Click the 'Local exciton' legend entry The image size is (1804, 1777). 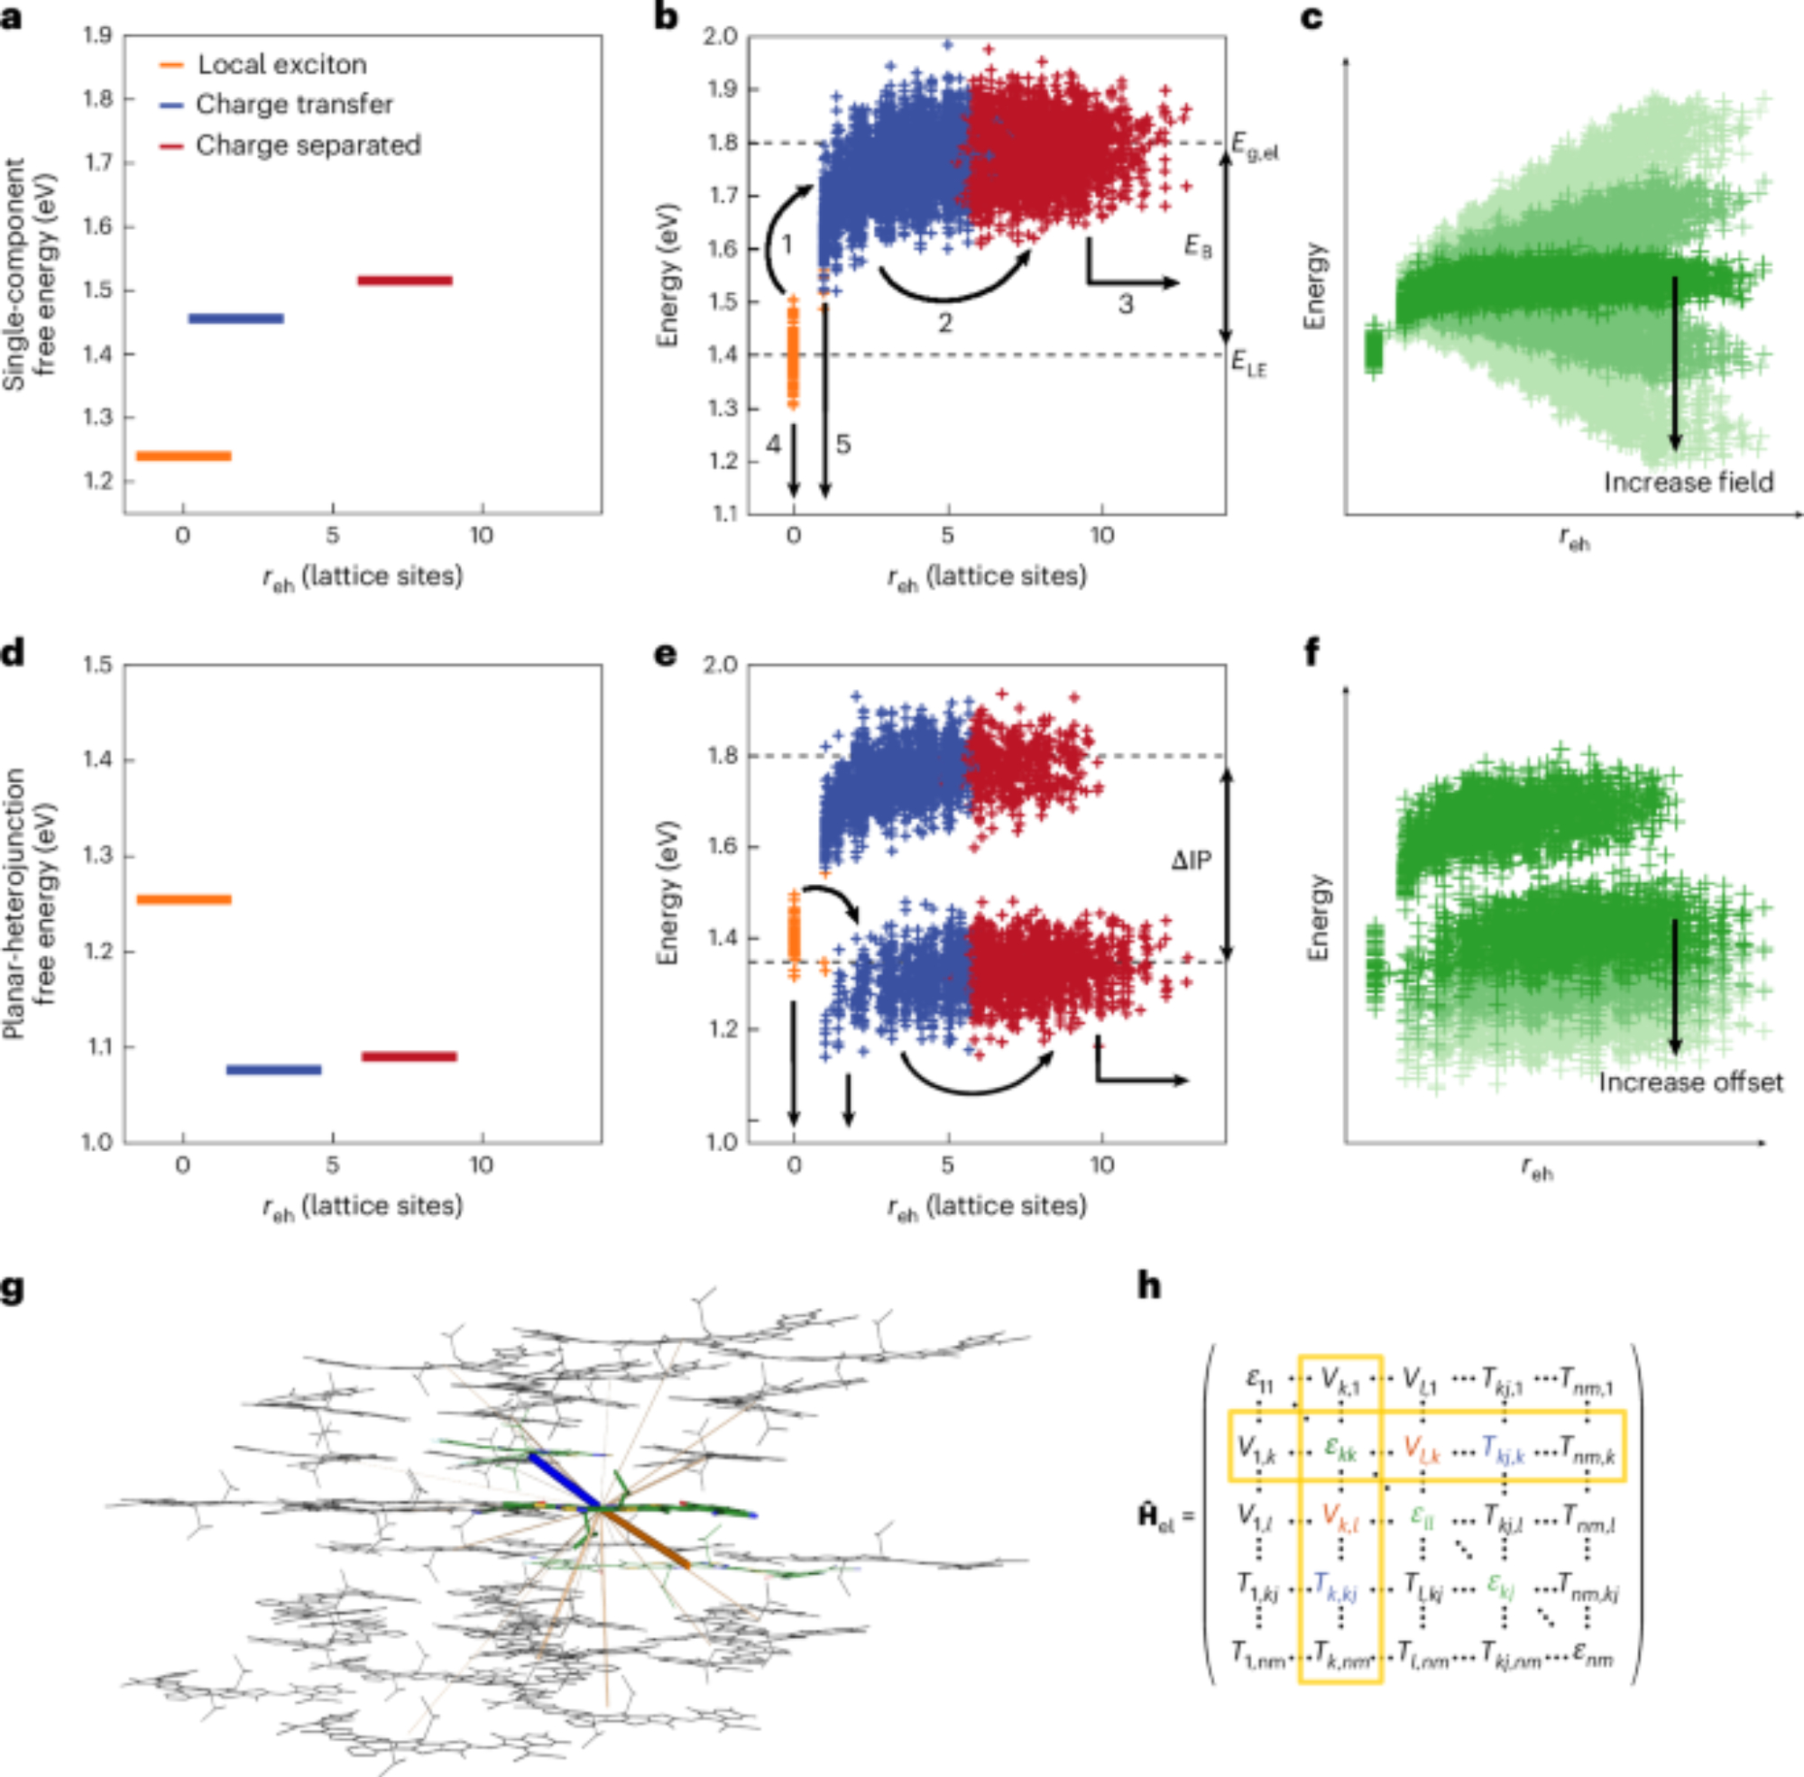pos(281,64)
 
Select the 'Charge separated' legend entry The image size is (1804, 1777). pos(308,145)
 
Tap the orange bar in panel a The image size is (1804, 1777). pos(184,456)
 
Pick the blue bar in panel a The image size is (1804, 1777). pos(236,318)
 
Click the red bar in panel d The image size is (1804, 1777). pos(409,1056)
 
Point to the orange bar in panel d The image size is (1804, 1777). pos(184,898)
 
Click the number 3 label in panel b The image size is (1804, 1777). pos(1126,303)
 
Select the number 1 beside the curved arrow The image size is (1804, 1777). pos(787,245)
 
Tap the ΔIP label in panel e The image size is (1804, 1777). pos(1192,860)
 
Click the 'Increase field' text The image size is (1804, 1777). pos(1689,483)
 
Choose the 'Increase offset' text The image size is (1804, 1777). pos(1690,1082)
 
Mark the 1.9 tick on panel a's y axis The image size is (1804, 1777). pos(98,35)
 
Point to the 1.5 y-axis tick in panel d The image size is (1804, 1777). pos(98,665)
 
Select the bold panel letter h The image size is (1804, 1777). pos(1149,1286)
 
